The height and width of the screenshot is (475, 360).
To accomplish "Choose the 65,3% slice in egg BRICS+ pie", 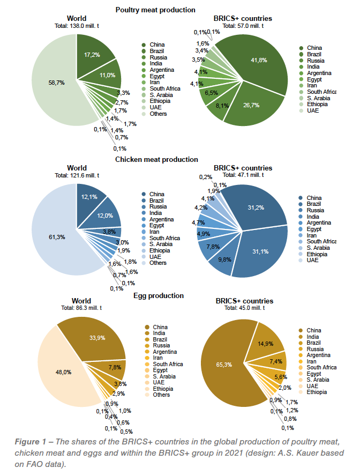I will coord(228,365).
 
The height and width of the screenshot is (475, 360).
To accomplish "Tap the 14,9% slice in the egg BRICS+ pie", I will coord(266,343).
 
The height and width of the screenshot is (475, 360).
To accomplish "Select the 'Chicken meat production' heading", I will coord(156,159).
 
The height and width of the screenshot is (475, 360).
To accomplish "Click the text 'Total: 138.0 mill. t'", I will coord(77,25).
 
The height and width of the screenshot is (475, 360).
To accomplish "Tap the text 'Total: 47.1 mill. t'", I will coord(243,175).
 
